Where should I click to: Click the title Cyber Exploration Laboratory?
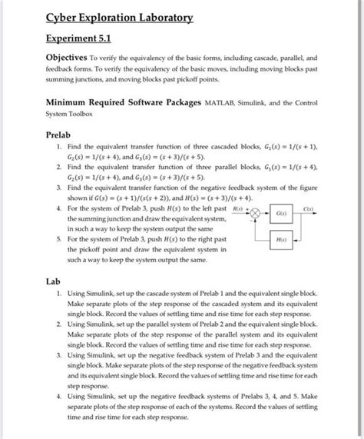pos(119,18)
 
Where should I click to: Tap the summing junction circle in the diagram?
pos(257,214)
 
